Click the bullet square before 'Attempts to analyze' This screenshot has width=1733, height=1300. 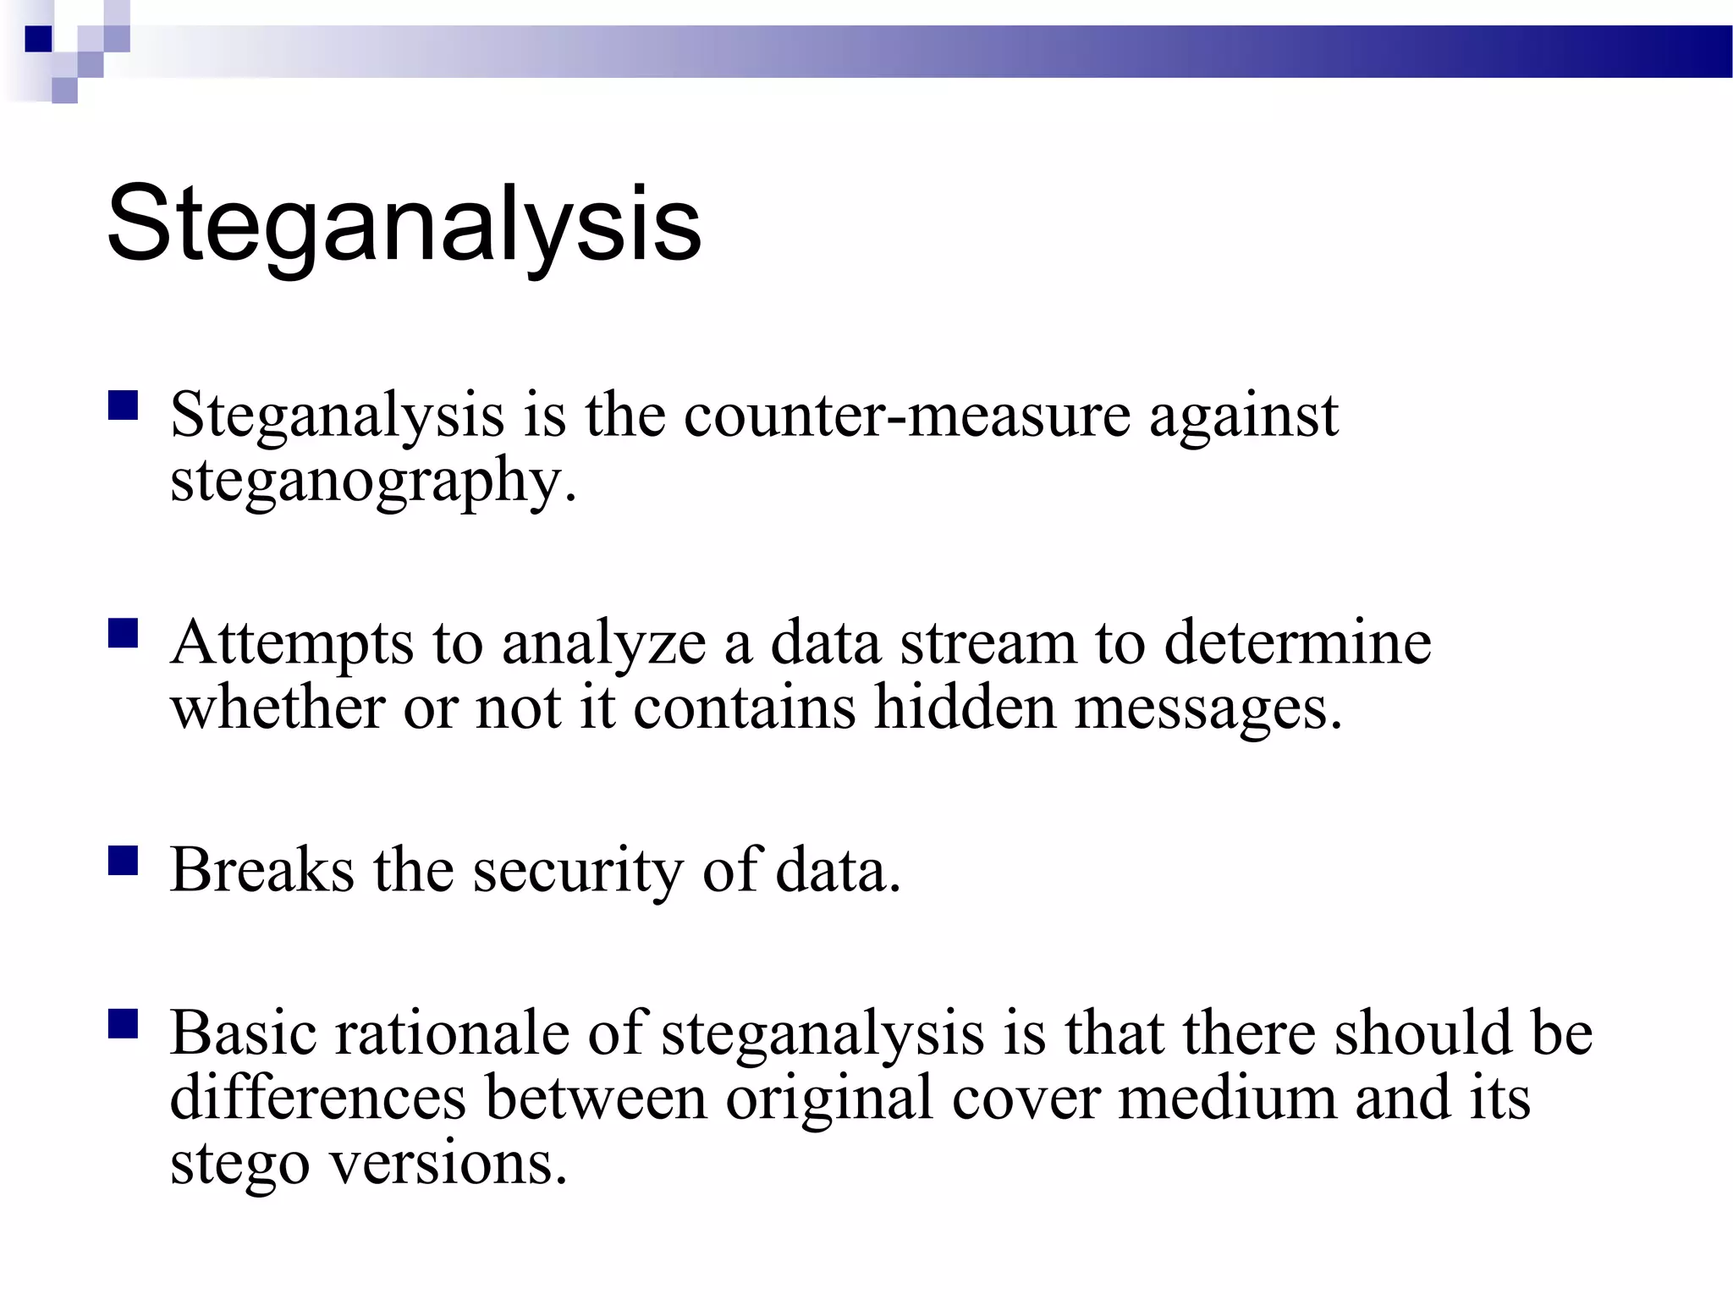(x=124, y=633)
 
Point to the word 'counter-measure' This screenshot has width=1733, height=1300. (x=906, y=416)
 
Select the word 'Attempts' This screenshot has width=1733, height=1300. (x=292, y=644)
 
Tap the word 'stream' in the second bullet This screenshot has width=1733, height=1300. (x=988, y=644)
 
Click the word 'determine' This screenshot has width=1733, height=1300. (x=1297, y=642)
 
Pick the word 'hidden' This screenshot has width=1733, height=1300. (x=965, y=708)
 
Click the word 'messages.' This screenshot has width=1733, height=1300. (x=1208, y=709)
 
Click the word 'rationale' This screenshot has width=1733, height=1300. (x=452, y=1033)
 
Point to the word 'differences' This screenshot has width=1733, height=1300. (x=318, y=1098)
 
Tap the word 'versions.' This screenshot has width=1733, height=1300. (x=448, y=1163)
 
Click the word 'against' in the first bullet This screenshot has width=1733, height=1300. (x=1243, y=417)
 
